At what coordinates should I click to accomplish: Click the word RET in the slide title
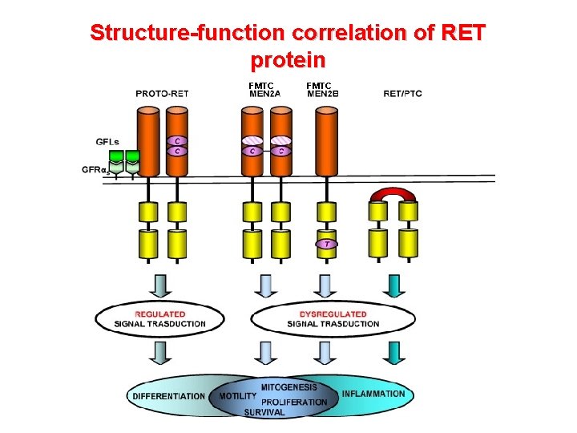point(463,33)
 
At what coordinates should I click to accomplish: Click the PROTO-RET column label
point(163,94)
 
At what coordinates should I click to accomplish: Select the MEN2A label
point(264,94)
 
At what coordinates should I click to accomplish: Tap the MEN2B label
point(323,94)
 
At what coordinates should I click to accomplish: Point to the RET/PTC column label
point(402,94)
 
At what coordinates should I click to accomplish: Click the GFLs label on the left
point(108,142)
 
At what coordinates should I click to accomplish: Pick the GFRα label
point(94,169)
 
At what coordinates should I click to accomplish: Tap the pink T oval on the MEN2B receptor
point(325,244)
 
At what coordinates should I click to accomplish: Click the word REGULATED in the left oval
point(159,314)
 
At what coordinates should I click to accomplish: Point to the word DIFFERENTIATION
point(169,396)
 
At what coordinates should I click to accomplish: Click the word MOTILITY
point(238,396)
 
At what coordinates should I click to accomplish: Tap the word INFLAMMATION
point(373,394)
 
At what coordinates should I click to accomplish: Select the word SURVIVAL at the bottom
point(264,412)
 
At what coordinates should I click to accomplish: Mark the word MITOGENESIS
point(288,387)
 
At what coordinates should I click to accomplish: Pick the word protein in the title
point(288,60)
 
